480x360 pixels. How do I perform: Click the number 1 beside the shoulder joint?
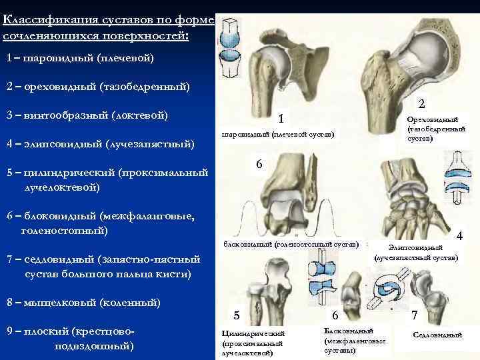point(281,119)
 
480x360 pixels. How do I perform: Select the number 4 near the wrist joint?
point(459,236)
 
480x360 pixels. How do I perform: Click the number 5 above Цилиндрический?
point(236,315)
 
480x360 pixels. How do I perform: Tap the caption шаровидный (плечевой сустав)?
point(277,135)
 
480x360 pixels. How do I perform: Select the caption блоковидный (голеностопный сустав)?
point(291,244)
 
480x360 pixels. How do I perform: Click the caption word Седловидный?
point(437,335)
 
